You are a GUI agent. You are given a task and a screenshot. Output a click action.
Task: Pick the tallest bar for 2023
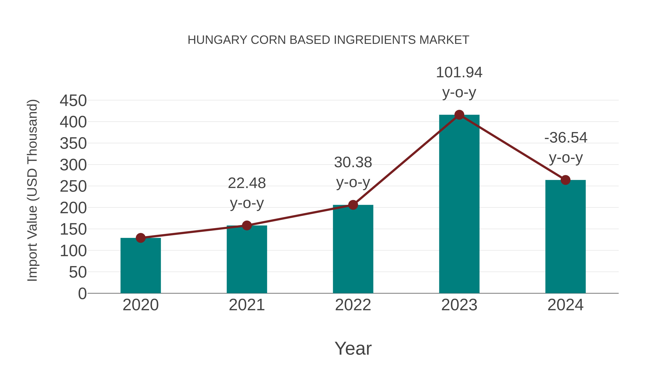(x=459, y=204)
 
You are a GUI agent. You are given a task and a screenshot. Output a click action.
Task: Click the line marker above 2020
(x=141, y=238)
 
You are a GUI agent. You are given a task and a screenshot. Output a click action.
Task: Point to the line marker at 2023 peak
(x=459, y=115)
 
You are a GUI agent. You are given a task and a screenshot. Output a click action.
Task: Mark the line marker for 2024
(x=565, y=180)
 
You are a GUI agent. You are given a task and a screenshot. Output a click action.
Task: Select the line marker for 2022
(x=353, y=205)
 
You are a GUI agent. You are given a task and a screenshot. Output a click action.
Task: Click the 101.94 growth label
(x=459, y=73)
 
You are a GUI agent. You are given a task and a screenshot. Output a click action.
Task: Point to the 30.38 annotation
(x=353, y=162)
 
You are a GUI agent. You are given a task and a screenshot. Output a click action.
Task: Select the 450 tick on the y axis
(x=73, y=101)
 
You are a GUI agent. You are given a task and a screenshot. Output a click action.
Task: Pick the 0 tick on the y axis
(x=82, y=294)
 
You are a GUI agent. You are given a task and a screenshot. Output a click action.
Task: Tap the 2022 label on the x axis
(x=353, y=305)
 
